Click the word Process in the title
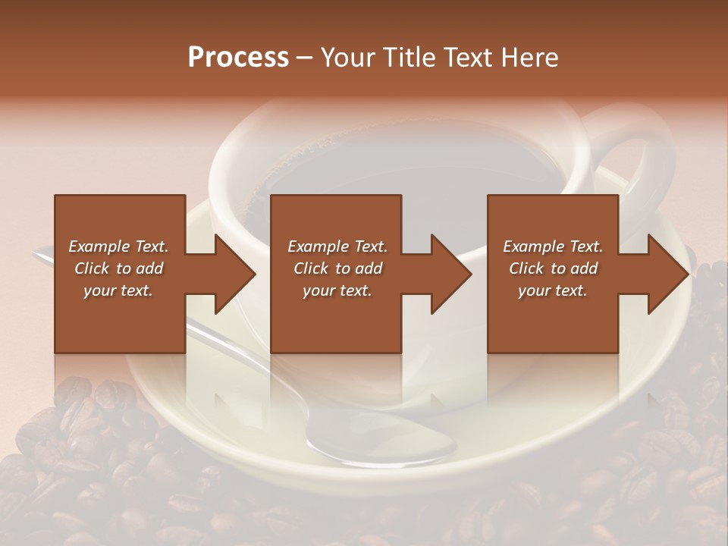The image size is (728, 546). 238,58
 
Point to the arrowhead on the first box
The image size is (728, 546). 234,274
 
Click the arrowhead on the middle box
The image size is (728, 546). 451,274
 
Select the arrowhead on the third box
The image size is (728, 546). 668,274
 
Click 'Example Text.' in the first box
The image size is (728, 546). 118,246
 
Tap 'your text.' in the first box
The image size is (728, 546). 118,290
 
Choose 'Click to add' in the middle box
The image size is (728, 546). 337,268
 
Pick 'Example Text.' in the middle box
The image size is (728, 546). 337,246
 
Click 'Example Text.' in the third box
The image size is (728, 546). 553,246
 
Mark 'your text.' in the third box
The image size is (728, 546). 553,290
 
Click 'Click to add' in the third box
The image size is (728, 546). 553,268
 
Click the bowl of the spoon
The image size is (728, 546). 364,444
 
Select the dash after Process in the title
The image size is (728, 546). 305,58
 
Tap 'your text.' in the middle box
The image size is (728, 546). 337,290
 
